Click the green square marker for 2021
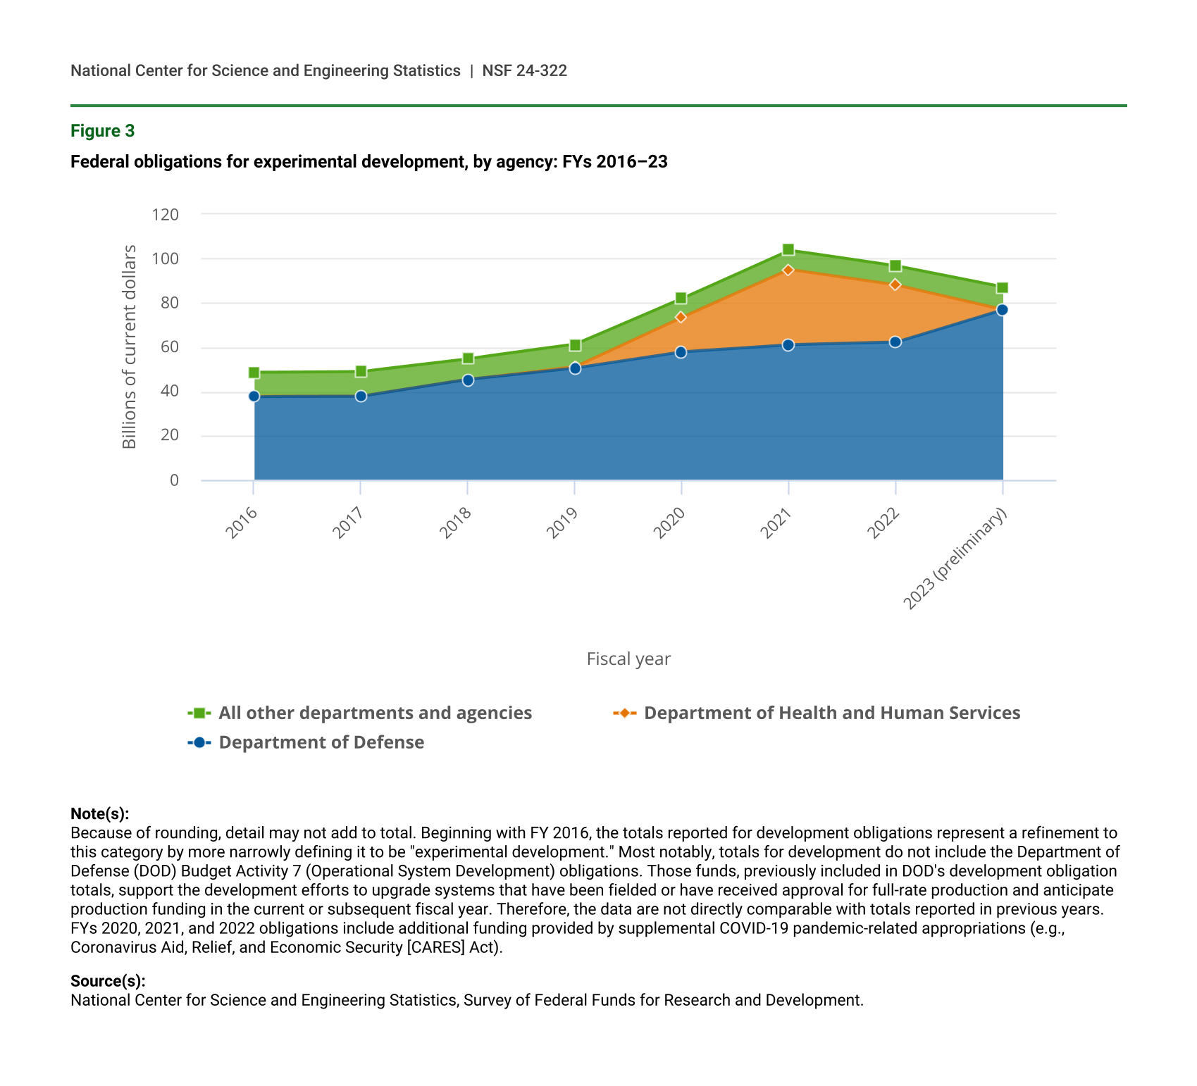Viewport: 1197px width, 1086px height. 788,250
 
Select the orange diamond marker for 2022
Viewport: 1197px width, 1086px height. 895,285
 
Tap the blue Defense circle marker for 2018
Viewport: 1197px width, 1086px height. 468,380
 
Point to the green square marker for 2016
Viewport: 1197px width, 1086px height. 254,373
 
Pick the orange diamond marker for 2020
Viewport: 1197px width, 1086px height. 681,318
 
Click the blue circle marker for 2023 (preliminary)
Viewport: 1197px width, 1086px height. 1002,310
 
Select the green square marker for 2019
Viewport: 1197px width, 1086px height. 575,345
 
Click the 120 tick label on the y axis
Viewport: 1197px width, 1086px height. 166,214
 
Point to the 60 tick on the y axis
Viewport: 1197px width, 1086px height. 170,347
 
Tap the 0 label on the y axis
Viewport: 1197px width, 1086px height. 174,480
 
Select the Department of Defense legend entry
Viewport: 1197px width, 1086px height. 321,742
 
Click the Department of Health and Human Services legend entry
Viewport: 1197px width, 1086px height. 831,713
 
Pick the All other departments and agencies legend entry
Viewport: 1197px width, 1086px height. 375,713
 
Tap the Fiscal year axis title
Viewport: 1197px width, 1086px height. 628,659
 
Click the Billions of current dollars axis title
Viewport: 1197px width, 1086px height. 129,347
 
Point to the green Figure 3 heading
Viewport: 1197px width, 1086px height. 103,131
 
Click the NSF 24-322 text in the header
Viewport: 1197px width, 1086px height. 524,70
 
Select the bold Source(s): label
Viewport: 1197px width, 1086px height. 108,981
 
